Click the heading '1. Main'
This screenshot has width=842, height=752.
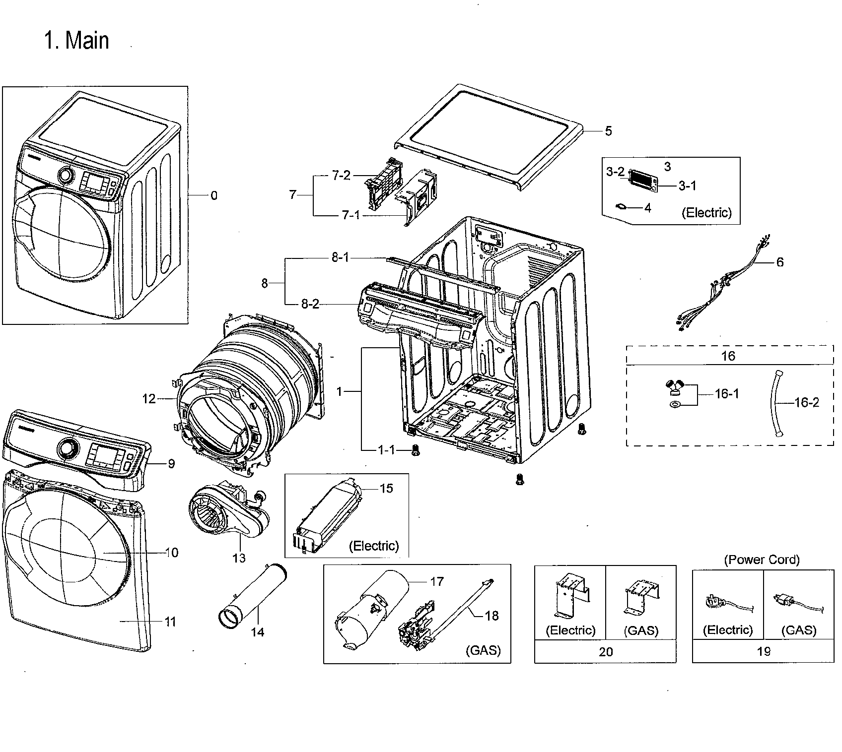coord(76,40)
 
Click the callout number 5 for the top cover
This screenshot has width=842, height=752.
coord(608,131)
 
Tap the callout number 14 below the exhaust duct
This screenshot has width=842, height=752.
coord(258,632)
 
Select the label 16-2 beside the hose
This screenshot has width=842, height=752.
coord(806,402)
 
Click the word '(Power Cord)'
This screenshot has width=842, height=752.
coord(762,560)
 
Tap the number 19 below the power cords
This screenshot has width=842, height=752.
coord(763,651)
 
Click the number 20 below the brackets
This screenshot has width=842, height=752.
coord(606,652)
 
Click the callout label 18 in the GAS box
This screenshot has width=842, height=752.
coord(491,616)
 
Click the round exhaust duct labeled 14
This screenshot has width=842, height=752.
coord(253,593)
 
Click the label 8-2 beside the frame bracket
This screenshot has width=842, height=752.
coord(310,304)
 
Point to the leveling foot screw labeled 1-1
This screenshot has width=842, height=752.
coord(415,451)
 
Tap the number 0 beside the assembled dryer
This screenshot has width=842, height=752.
coord(213,196)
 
